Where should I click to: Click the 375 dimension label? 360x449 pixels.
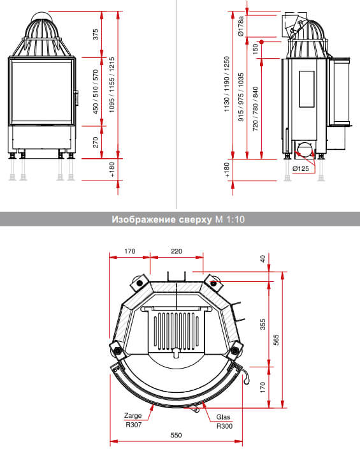tap(96, 34)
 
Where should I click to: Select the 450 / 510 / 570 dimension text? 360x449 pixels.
tap(96, 92)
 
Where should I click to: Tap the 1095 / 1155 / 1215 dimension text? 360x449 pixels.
tap(112, 85)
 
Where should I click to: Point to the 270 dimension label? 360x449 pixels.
tap(96, 142)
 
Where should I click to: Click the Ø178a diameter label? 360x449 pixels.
tap(241, 26)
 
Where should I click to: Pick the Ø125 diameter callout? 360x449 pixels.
tap(301, 168)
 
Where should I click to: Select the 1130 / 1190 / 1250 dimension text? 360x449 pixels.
tap(227, 84)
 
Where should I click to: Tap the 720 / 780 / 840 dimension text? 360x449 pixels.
tap(255, 109)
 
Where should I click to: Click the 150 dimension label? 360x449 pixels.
tap(255, 49)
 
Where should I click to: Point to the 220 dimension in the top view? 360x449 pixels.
tap(176, 251)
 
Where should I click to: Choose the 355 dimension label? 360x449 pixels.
tap(263, 324)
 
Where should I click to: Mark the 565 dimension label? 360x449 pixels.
tap(276, 340)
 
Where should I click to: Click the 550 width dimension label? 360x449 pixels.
tap(176, 435)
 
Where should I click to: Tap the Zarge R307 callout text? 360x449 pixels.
tap(133, 420)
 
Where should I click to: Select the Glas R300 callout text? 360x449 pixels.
tap(224, 422)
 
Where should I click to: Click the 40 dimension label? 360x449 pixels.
tap(263, 259)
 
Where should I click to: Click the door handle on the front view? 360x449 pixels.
tap(76, 98)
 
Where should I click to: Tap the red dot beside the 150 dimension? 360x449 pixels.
tap(261, 42)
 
